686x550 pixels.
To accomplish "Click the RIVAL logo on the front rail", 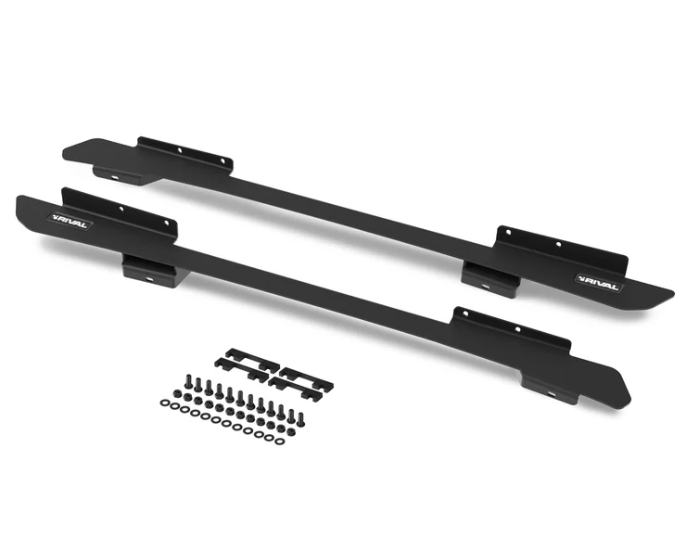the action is click(x=70, y=221).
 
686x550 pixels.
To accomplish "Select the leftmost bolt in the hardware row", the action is click(x=189, y=382).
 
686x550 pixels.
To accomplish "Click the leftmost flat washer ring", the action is click(x=164, y=402).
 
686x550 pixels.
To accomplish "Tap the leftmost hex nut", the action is click(x=178, y=392).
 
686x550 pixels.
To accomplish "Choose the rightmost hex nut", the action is click(x=291, y=432).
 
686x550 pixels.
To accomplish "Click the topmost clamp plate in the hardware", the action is click(x=252, y=360).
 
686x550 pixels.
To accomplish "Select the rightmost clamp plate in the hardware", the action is click(x=306, y=379).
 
